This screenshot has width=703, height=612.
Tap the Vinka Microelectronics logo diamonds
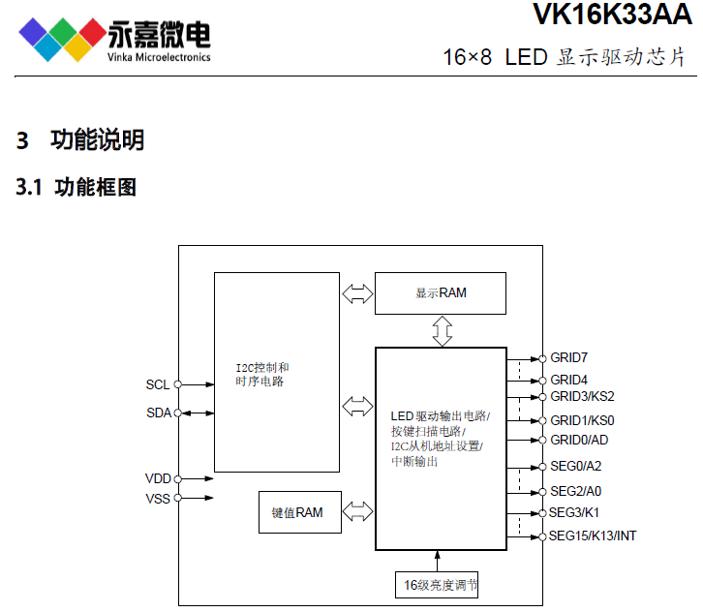(x=61, y=38)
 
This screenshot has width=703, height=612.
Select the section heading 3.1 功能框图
(x=76, y=187)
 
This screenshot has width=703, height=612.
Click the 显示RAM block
(x=441, y=292)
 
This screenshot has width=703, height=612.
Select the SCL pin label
(x=158, y=384)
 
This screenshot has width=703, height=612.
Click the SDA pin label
(x=158, y=413)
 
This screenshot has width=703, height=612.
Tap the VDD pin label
(x=158, y=478)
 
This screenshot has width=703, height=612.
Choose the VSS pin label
(x=158, y=499)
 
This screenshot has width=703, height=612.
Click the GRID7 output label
(x=569, y=358)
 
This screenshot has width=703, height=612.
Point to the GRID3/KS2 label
(x=582, y=396)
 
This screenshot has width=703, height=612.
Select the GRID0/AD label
(x=579, y=440)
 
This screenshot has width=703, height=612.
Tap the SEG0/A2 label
(x=575, y=466)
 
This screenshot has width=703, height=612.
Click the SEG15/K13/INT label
(x=593, y=535)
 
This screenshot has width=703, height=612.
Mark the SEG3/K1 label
(x=575, y=512)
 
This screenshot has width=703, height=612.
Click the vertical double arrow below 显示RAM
(x=442, y=330)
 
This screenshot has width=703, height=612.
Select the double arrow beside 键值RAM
(x=357, y=511)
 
